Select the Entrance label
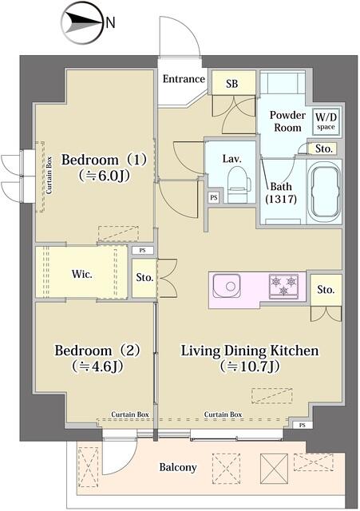[183, 79]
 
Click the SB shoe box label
[231, 83]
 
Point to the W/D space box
[325, 122]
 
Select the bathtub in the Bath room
[324, 192]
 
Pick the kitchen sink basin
[228, 284]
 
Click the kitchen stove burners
[283, 285]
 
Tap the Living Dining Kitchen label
[250, 358]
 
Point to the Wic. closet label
[82, 274]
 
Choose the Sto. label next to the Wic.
[144, 279]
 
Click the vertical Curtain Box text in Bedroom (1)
[49, 176]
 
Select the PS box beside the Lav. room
[213, 197]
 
